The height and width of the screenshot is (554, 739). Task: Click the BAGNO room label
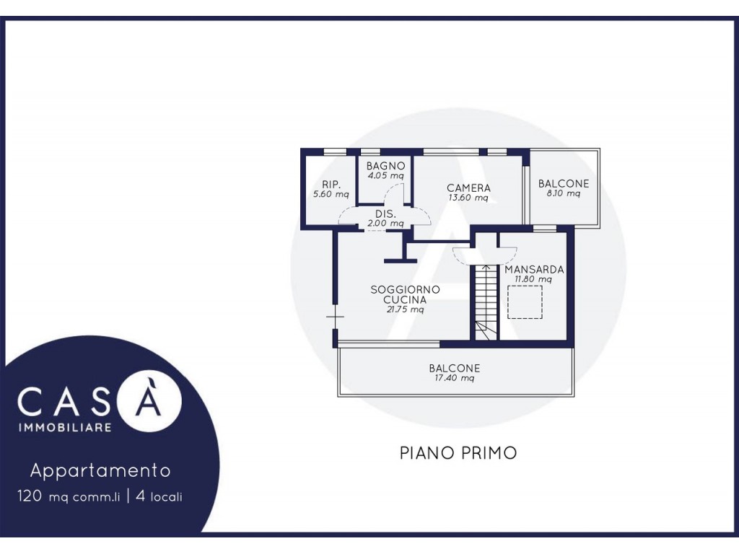385,166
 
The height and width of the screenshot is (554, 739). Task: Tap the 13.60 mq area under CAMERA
468,198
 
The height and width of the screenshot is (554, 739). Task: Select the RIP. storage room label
331,185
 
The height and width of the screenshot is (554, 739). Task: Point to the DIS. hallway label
385,214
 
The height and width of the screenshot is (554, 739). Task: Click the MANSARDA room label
534,270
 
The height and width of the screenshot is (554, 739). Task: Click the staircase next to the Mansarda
486,302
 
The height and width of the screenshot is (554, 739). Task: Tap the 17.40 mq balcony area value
454,378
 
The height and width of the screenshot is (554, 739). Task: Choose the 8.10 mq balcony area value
563,193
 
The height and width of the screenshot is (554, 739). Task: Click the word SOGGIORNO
405,289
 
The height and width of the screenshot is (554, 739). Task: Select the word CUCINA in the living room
405,299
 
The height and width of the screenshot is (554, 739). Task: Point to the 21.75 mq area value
405,309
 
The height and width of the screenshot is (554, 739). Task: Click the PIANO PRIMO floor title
458,453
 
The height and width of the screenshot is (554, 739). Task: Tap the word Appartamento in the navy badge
100,470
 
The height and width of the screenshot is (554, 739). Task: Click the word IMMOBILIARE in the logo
64,427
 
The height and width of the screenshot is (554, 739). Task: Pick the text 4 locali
159,496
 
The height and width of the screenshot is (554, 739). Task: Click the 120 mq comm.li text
69,496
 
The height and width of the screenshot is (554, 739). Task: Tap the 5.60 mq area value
331,194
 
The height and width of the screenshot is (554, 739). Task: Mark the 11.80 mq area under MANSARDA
533,279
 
